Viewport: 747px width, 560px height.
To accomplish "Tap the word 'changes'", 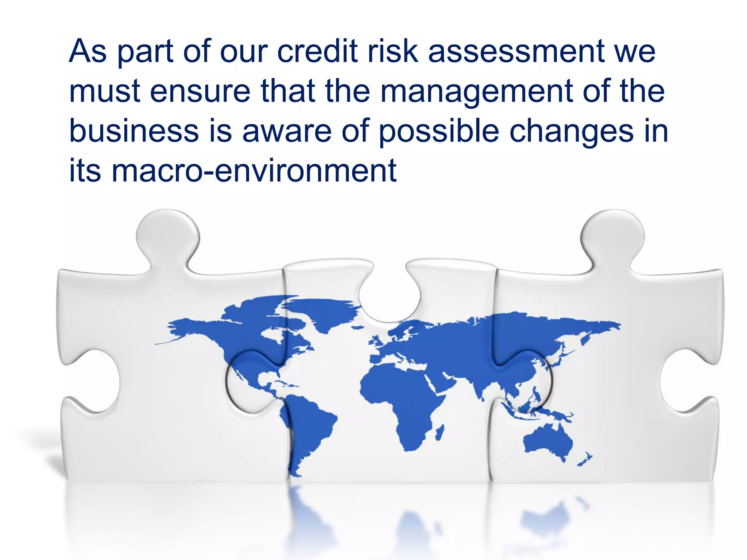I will pos(571,131).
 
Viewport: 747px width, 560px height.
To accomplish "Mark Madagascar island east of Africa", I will pos(440,432).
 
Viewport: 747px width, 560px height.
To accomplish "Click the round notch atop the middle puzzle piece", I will pos(389,299).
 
